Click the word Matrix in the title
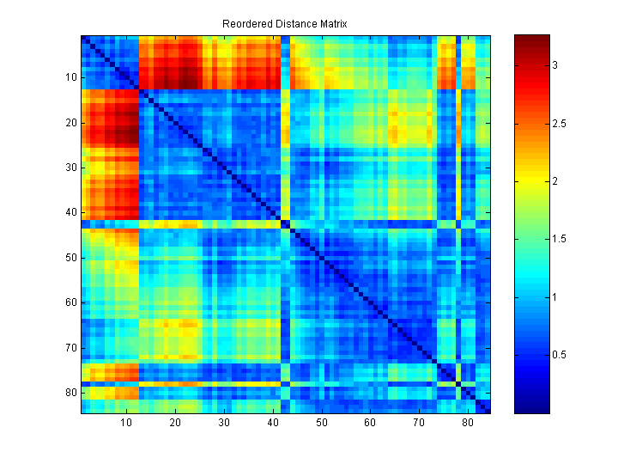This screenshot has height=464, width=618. click(330, 23)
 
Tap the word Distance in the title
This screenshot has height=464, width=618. click(290, 23)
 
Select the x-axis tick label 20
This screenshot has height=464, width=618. click(175, 424)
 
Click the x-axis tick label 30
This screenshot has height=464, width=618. click(224, 424)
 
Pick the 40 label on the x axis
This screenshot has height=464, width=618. click(273, 424)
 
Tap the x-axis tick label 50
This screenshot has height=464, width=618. click(322, 424)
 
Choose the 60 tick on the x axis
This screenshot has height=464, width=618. click(370, 424)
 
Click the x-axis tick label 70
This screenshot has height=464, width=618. click(419, 424)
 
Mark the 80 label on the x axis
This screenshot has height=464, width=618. click(468, 424)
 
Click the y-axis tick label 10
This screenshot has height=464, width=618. click(70, 77)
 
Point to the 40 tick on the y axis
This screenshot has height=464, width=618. click(70, 212)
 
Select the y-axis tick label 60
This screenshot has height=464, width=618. click(70, 302)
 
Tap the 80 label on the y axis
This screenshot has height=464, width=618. click(70, 393)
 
